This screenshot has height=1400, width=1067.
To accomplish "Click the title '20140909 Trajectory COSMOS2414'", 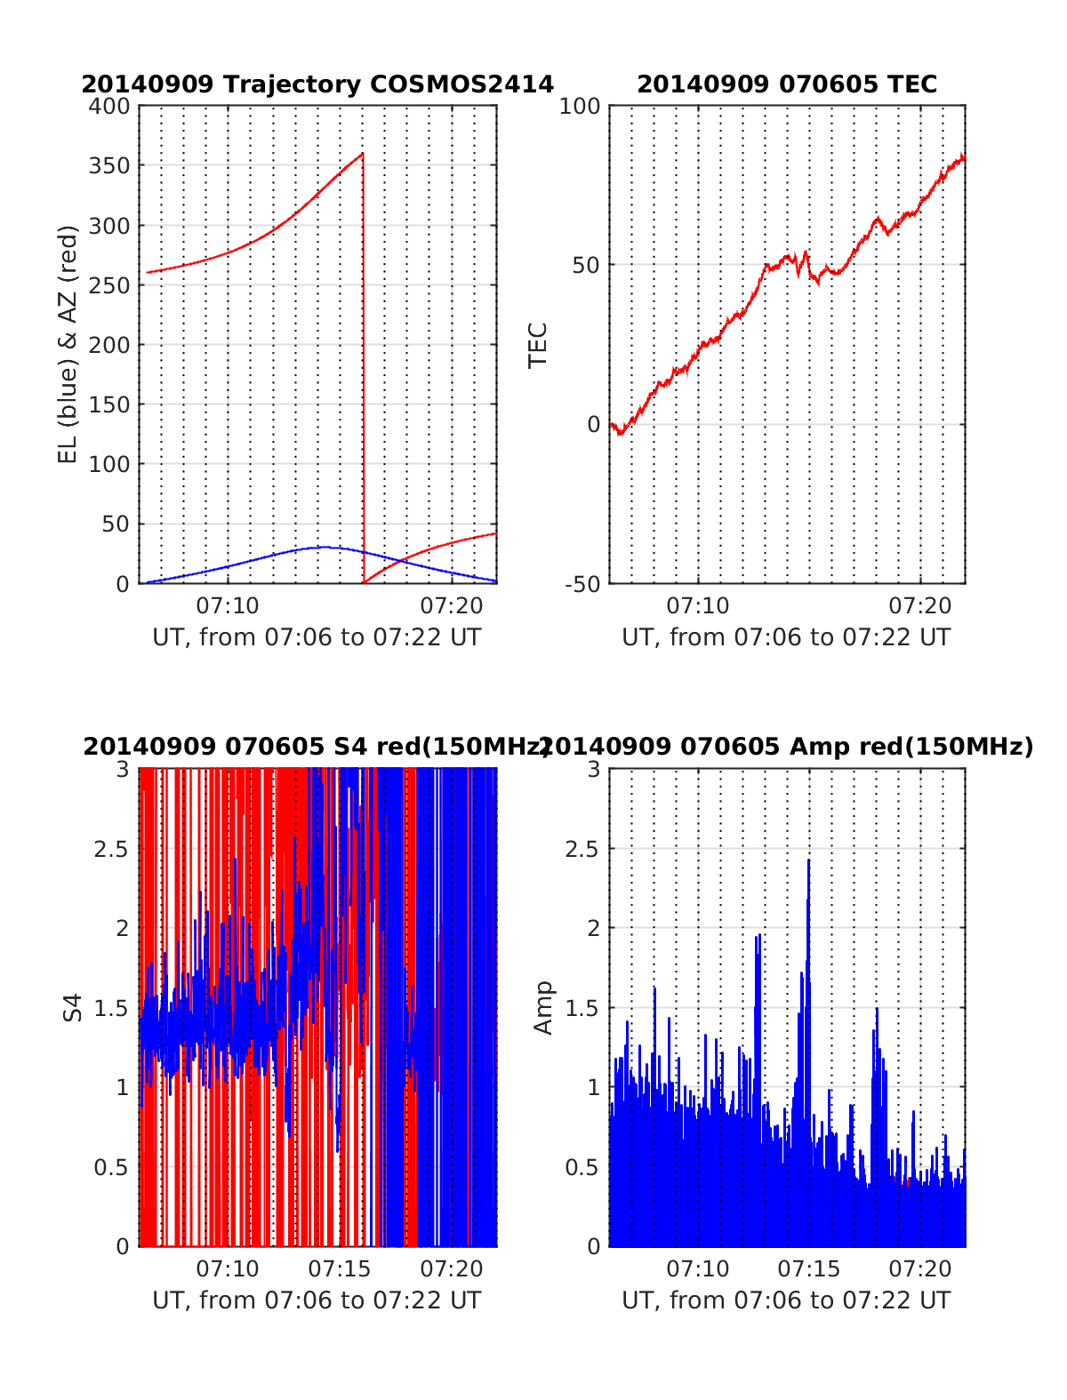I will (x=317, y=84).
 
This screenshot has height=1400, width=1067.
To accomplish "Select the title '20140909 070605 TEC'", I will (x=787, y=84).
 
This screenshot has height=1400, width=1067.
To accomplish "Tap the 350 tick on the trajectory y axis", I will (x=109, y=166).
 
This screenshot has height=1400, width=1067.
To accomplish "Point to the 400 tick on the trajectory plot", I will (x=109, y=107).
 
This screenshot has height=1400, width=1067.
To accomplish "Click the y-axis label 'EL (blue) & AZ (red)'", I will (x=68, y=344).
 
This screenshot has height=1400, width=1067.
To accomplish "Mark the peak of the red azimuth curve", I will (x=362, y=154).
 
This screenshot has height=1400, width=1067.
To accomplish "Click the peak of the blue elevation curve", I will (x=325, y=547).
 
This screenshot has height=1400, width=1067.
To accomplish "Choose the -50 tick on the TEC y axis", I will (x=582, y=584).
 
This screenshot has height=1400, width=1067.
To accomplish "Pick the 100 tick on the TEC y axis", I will (x=582, y=107).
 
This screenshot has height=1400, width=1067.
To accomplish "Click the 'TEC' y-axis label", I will (x=538, y=345).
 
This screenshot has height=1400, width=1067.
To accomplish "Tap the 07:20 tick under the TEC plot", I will (x=920, y=606).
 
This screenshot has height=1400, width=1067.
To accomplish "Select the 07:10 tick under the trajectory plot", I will (x=229, y=606).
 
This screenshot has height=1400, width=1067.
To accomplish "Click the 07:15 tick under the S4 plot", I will (x=340, y=1268).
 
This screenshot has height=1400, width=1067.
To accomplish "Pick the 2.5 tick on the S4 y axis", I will (x=111, y=849).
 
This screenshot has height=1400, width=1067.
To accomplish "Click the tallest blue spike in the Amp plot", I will (x=808, y=860).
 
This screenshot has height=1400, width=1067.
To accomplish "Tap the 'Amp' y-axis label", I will (x=542, y=1007).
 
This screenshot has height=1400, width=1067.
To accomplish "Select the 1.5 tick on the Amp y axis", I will (x=582, y=1008).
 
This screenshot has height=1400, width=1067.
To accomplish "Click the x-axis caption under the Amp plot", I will (x=786, y=1300).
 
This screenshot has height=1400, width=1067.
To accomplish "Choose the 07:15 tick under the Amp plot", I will (x=809, y=1268).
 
